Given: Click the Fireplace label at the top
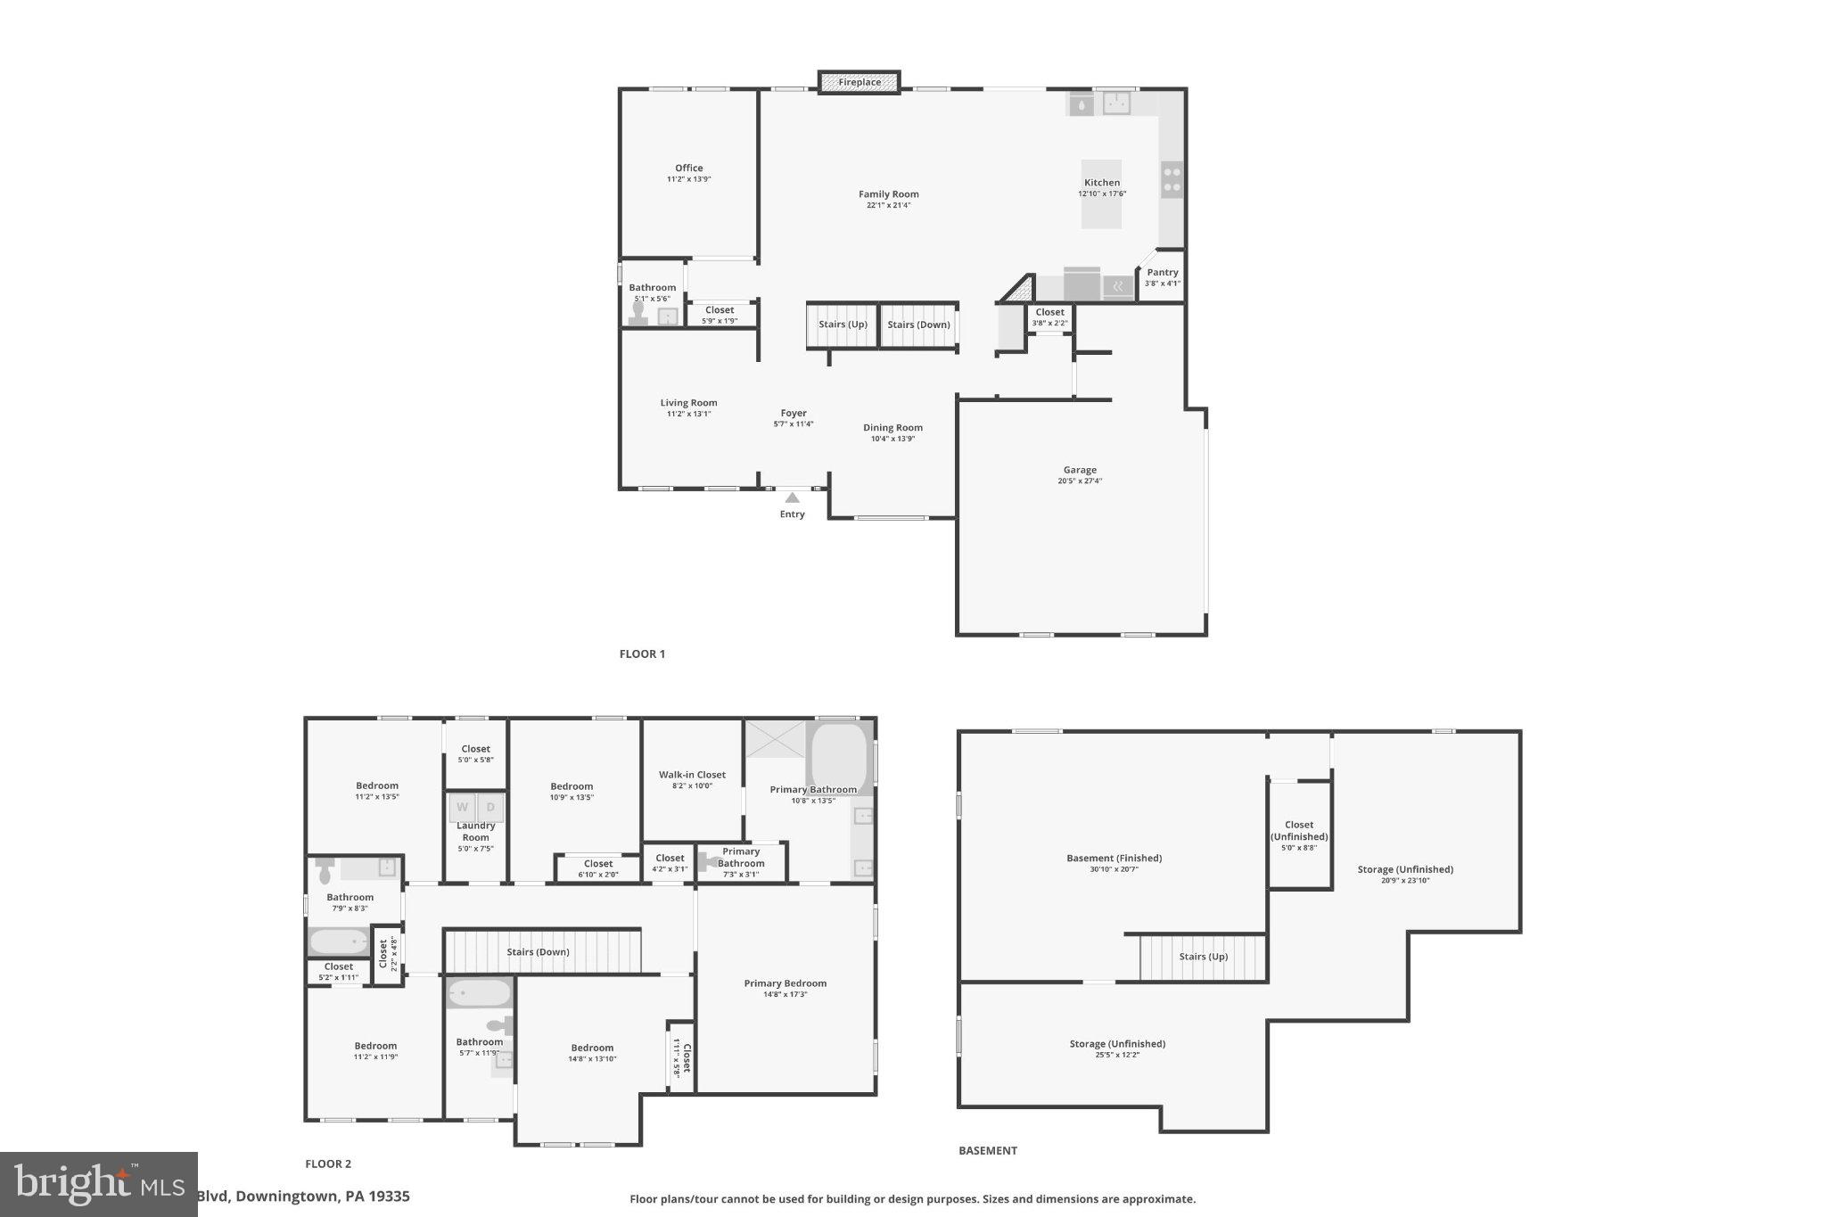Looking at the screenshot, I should point(860,83).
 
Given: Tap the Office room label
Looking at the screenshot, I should point(688,168).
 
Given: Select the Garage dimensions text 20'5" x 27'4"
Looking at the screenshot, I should point(1080,481).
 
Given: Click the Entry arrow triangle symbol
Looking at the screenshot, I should point(792,497).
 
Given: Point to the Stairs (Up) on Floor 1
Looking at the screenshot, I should point(843,325).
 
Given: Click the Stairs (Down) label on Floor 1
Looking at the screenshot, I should point(918,325).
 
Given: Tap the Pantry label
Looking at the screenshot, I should point(1162,273).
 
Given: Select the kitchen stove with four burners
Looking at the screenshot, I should point(1172,179).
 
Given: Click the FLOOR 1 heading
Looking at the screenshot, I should point(642,654).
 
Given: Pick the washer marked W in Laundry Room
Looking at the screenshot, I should point(462,808).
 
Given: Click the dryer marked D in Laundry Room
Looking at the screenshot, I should point(490,808).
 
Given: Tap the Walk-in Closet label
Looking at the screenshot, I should point(692,775).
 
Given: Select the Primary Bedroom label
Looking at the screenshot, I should point(785,983).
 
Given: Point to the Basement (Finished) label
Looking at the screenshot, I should point(1114,859).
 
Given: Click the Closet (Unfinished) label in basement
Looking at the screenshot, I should point(1299,831).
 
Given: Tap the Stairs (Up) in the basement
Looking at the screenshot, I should point(1203,957).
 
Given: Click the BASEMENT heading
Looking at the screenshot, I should point(987,1150).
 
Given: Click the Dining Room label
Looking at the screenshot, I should point(892,428).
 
